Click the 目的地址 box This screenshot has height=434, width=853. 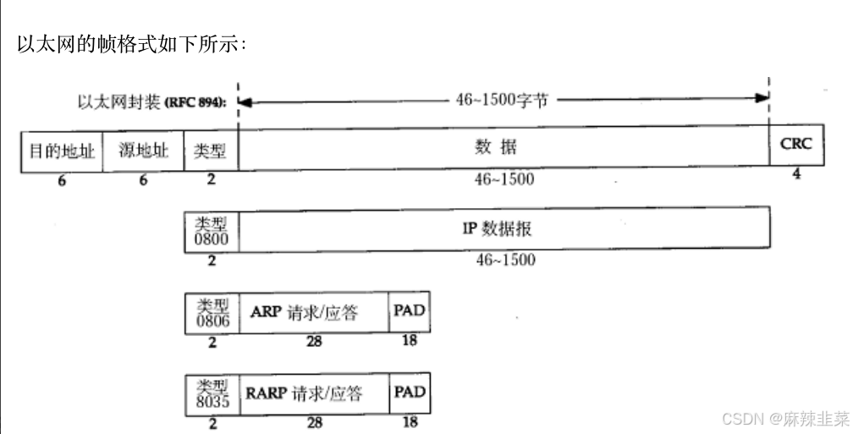tap(62, 151)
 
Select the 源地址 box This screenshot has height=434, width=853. tap(143, 151)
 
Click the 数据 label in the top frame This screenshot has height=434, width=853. tap(495, 147)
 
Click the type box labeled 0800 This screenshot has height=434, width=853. tap(212, 230)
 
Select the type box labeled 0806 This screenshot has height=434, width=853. tap(212, 314)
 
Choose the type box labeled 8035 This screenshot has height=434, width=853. tap(212, 394)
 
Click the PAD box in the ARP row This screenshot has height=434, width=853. tap(409, 311)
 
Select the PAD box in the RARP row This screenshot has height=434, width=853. tap(409, 393)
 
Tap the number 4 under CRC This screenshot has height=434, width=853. tap(796, 174)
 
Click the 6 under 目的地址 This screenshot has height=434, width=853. tap(62, 180)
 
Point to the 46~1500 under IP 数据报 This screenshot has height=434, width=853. tap(505, 261)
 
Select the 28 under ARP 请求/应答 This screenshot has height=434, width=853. tap(314, 342)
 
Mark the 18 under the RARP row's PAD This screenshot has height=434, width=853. tap(409, 422)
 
